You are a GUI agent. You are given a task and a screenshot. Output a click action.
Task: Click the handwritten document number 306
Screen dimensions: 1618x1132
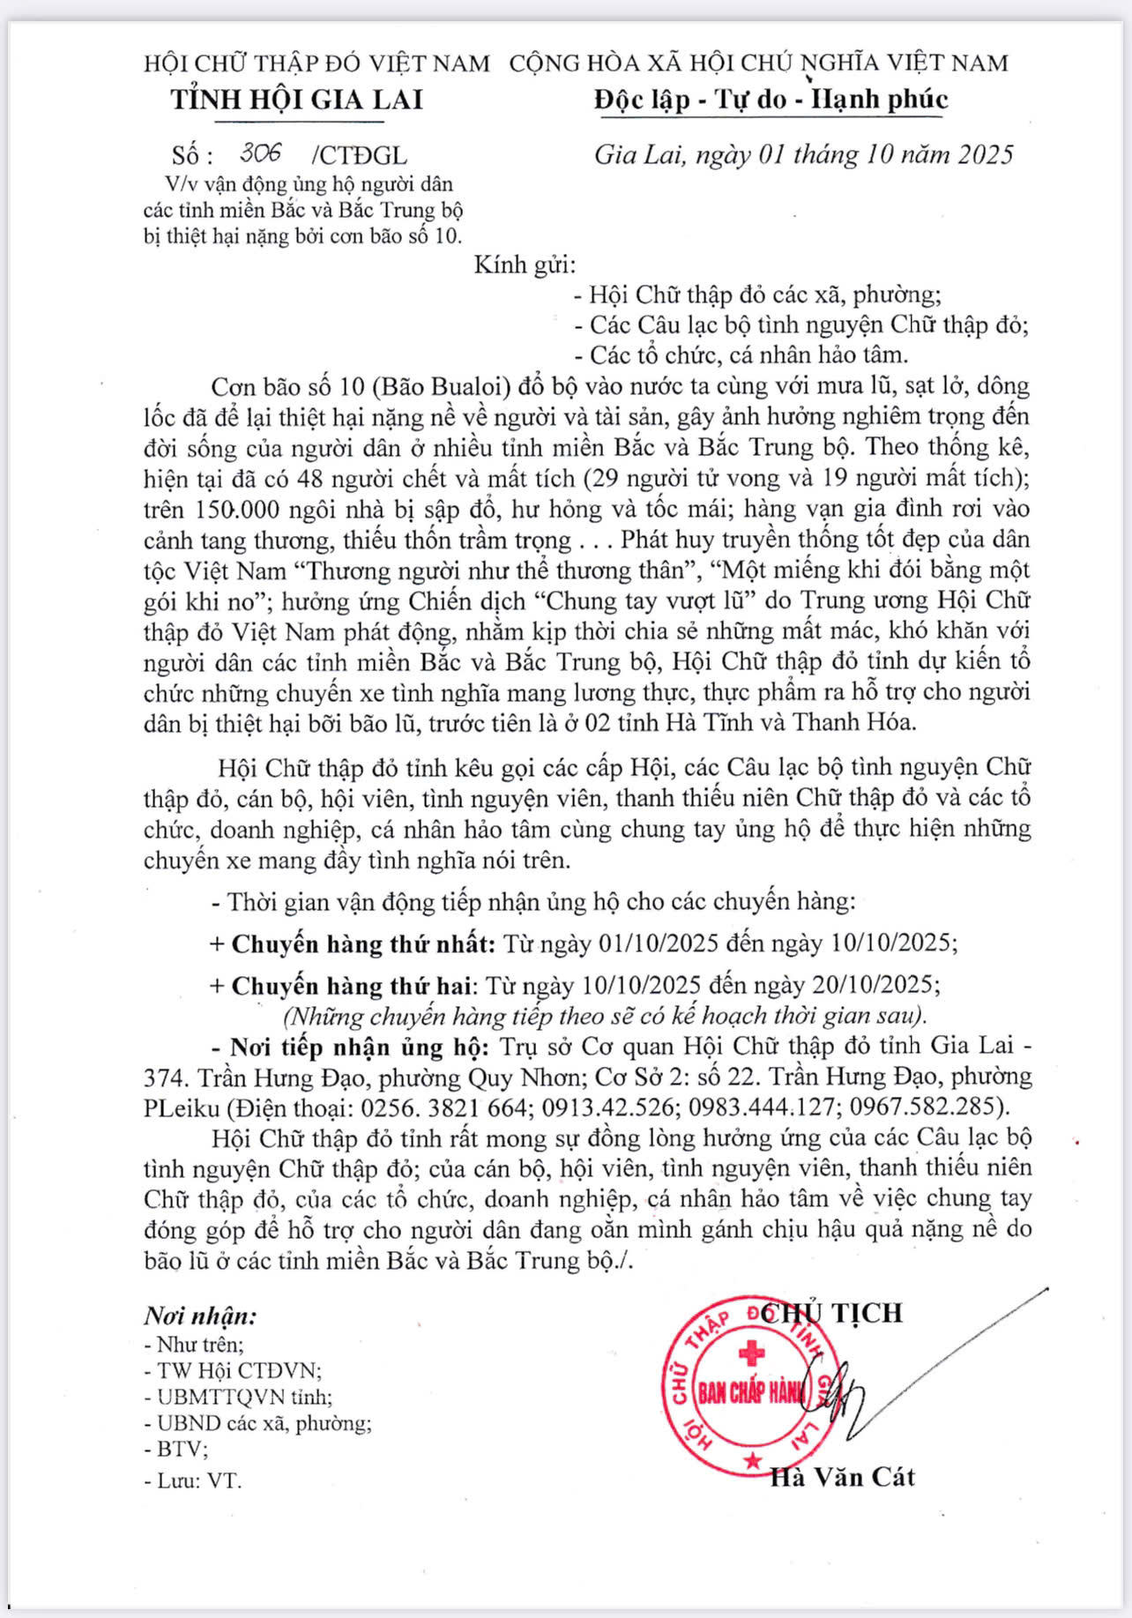(260, 153)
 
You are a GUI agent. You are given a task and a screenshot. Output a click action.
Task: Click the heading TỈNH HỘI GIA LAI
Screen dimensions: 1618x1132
(297, 99)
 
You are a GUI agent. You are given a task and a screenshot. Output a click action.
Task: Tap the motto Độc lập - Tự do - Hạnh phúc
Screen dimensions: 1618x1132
(771, 99)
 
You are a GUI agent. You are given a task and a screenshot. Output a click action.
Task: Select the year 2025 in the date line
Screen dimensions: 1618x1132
(986, 154)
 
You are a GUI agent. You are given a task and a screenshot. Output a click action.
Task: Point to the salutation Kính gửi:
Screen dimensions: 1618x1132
(525, 265)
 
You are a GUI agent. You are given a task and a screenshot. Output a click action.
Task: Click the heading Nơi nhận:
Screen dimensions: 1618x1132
(201, 1316)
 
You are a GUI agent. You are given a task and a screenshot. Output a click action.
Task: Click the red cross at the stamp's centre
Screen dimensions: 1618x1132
(751, 1352)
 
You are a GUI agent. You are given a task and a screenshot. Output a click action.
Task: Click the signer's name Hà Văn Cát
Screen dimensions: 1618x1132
(842, 1477)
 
